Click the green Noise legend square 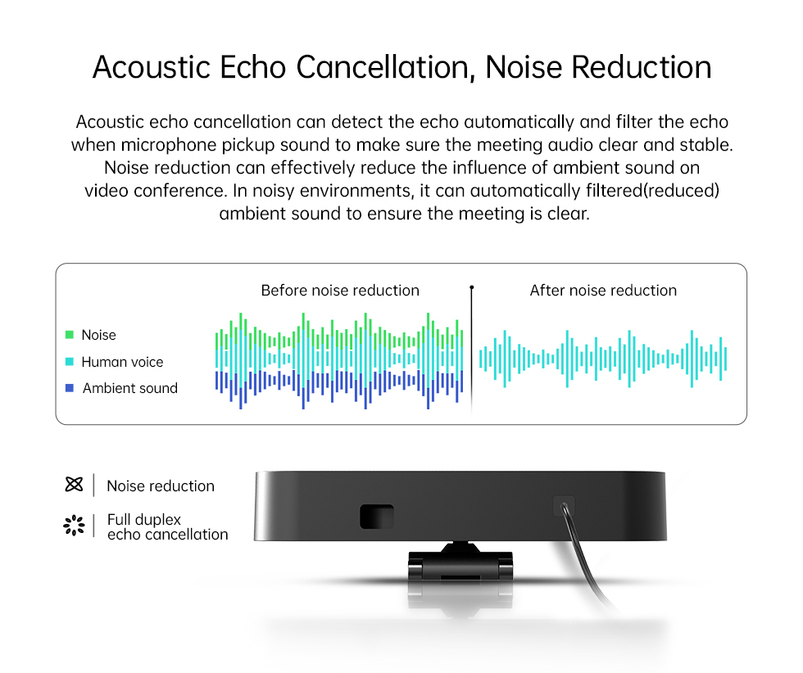[70, 335]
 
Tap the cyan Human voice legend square [70, 361]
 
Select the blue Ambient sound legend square [70, 388]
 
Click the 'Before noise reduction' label [340, 290]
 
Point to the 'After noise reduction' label [603, 290]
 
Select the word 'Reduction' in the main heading [641, 68]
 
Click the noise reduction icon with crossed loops [75, 484]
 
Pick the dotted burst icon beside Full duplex [75, 526]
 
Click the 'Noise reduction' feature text [161, 486]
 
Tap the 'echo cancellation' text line [167, 535]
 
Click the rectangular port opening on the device [377, 517]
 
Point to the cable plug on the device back [564, 506]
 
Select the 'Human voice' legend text [122, 362]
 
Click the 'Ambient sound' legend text [130, 388]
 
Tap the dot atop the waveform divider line [472, 287]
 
